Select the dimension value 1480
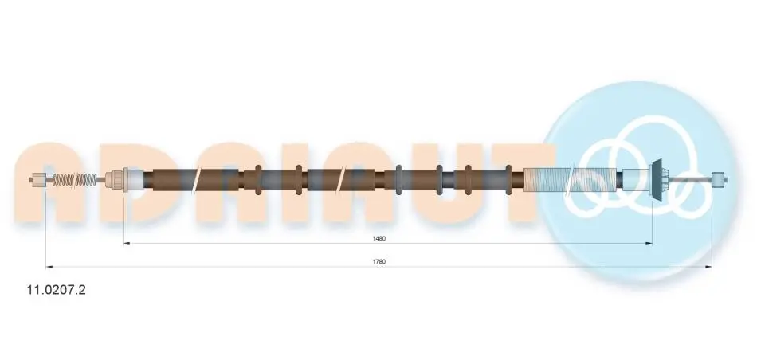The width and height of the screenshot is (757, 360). coord(379,238)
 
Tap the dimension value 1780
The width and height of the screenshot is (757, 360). coord(379,261)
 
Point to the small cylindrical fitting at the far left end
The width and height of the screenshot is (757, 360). coord(37,180)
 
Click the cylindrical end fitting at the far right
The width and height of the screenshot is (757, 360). coord(720,179)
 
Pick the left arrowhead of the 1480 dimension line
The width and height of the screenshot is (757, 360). coord(127,243)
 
